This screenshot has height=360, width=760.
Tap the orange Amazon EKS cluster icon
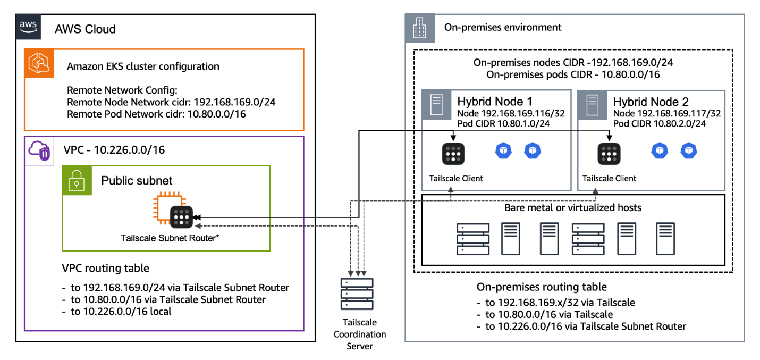click(38, 63)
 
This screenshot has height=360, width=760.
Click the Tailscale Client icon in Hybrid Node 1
click(453, 154)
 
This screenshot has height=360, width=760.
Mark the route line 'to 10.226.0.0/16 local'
click(117, 312)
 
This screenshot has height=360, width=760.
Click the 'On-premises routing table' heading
click(542, 287)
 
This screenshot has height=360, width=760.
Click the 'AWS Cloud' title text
click(85, 29)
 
